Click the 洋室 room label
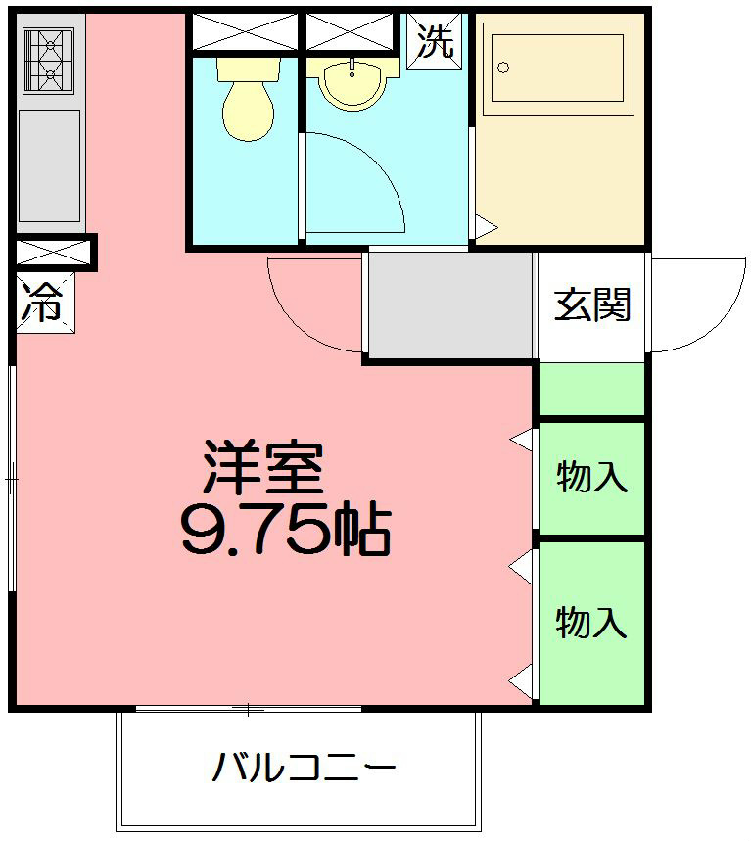tap(262, 468)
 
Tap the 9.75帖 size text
tap(285, 530)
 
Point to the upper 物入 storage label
tap(591, 478)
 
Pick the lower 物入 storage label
tap(591, 622)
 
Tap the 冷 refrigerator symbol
tap(41, 304)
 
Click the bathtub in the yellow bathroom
tap(557, 69)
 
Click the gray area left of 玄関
tap(449, 306)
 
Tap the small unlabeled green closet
tap(591, 389)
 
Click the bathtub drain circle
tap(504, 68)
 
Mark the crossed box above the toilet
tap(244, 31)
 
